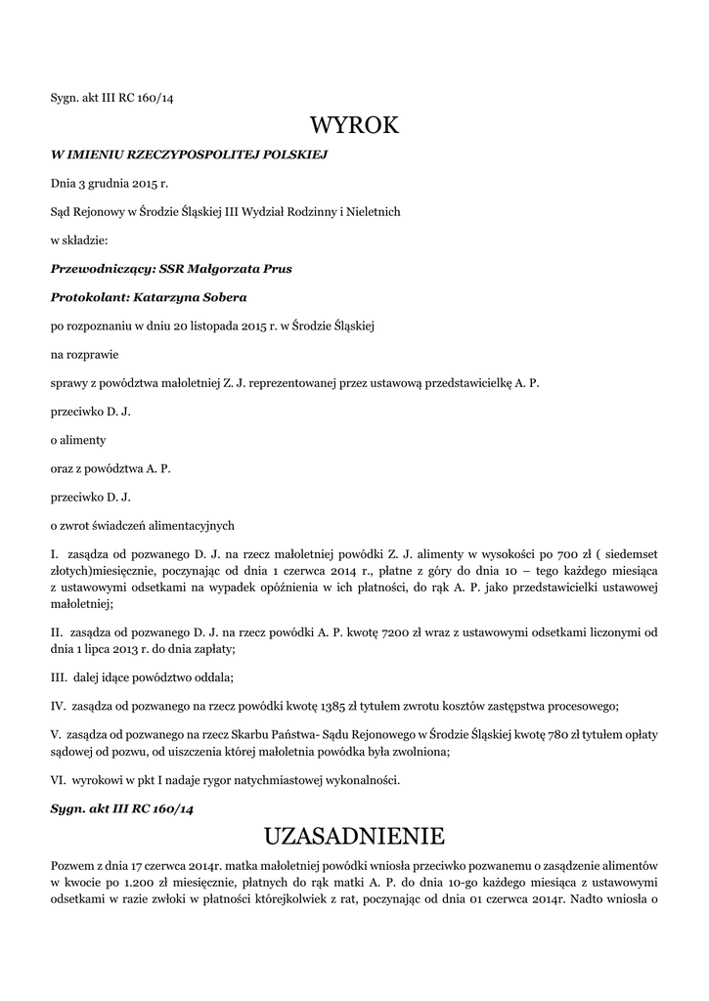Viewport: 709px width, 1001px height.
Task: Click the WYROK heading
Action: (354, 126)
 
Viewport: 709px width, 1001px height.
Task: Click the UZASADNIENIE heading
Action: (354, 836)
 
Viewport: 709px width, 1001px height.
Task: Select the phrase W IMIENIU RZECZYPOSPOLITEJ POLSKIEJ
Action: (189, 154)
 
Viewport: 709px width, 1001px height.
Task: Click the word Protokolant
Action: (88, 296)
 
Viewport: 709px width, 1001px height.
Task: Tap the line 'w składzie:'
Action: (79, 239)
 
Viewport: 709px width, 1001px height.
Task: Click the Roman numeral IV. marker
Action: (58, 705)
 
